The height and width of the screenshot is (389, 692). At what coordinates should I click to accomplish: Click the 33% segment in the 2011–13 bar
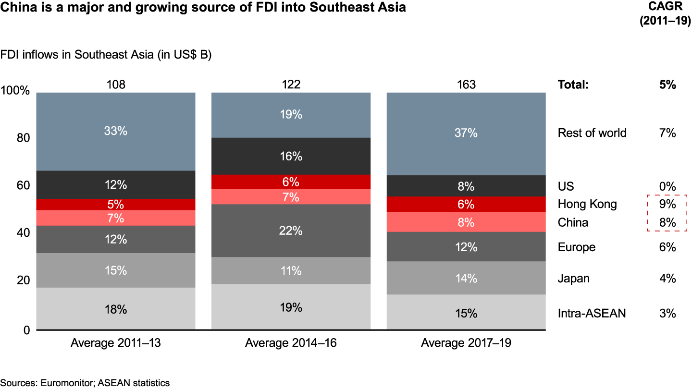[116, 131]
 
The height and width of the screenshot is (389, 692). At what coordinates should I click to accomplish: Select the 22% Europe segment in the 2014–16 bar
[291, 231]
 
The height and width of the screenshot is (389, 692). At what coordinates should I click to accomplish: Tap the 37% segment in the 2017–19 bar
[466, 133]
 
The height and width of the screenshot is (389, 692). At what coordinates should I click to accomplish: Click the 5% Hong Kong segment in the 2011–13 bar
[116, 204]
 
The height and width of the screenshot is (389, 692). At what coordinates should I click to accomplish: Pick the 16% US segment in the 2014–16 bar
[291, 156]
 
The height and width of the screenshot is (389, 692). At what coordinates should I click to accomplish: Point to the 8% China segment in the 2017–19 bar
[466, 222]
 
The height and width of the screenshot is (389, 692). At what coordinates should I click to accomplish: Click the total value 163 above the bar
[466, 85]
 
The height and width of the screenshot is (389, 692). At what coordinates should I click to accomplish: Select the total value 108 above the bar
[116, 85]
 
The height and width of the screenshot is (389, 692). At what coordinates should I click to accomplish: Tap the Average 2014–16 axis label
[291, 343]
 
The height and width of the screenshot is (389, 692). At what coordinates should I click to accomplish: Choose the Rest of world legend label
[592, 133]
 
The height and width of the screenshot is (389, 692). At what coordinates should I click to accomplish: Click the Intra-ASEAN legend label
[592, 314]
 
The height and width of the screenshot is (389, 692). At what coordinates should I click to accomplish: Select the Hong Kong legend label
[587, 204]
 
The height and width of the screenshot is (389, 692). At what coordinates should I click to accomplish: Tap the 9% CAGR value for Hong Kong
[668, 204]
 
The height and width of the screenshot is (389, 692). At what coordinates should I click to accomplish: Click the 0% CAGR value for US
[668, 186]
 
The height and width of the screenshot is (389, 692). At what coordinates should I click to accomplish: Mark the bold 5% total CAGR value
[668, 85]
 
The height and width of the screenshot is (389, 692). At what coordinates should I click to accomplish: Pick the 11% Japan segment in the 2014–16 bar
[291, 271]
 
